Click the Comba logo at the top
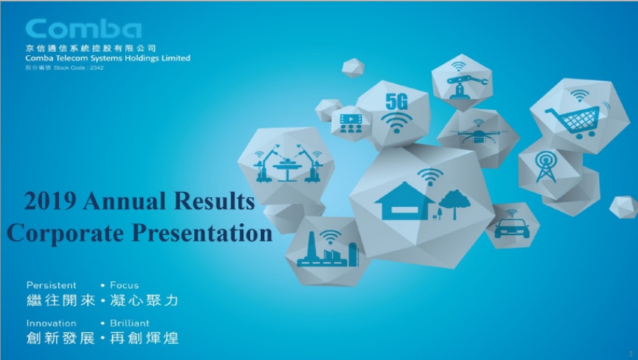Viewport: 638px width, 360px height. (x=84, y=29)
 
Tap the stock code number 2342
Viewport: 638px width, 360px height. (x=97, y=68)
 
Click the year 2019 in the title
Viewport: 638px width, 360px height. (x=50, y=201)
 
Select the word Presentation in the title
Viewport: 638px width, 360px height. (x=202, y=233)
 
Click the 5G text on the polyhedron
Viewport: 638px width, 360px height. (x=396, y=101)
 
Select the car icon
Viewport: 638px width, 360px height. (x=512, y=229)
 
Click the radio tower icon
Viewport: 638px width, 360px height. (x=546, y=167)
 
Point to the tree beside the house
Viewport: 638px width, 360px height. (x=454, y=205)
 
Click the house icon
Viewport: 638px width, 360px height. (x=405, y=201)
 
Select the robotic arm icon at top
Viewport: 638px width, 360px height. (x=466, y=85)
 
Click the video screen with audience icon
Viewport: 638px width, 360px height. (x=351, y=123)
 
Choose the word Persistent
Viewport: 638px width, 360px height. (x=51, y=285)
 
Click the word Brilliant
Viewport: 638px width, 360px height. (x=130, y=323)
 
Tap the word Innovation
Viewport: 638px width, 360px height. (x=51, y=323)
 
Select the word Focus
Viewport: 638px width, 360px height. (x=124, y=285)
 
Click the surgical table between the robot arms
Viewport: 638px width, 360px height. (x=287, y=169)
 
